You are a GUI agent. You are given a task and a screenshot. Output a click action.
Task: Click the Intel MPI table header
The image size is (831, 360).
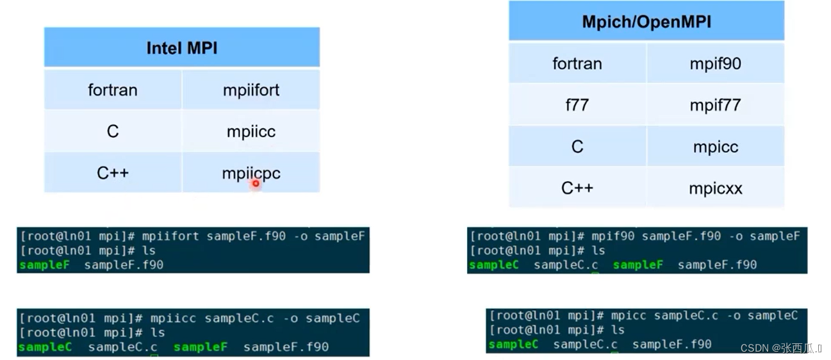tap(182, 48)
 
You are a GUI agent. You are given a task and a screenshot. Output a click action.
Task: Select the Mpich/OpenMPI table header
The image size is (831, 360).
tap(646, 22)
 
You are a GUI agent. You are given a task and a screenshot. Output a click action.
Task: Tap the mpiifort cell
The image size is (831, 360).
tap(251, 90)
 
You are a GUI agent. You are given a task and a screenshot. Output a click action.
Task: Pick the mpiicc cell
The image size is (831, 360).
tap(251, 131)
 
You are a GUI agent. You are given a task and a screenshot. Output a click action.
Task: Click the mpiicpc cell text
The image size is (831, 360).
tap(251, 173)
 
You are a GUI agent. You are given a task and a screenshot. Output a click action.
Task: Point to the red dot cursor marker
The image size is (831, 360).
tap(256, 184)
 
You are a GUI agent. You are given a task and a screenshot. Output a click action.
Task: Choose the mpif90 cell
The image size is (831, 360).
tap(716, 63)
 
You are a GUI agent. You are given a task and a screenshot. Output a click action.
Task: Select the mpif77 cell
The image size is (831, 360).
tap(716, 105)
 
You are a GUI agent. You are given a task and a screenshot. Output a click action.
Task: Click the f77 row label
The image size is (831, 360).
tap(577, 105)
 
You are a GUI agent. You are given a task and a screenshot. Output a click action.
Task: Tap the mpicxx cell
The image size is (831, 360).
tap(716, 188)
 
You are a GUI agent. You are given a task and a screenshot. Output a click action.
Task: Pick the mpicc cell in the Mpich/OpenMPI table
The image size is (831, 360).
tap(716, 147)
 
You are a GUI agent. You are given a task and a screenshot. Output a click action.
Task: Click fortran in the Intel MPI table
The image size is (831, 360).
tap(113, 90)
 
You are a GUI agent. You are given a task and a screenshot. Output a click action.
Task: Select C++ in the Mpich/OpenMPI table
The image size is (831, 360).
tap(577, 188)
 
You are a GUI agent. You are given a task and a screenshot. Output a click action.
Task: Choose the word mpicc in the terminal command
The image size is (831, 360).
tap(629, 315)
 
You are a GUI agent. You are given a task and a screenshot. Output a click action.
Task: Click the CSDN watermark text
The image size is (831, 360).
tap(780, 348)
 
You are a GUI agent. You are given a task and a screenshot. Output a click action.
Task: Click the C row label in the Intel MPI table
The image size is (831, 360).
tap(113, 131)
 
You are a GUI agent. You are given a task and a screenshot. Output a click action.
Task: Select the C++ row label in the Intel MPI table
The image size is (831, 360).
tap(113, 173)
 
